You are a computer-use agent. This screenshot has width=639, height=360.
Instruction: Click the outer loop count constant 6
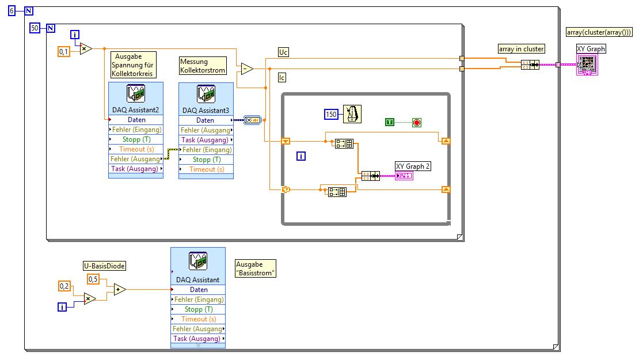pos(12,10)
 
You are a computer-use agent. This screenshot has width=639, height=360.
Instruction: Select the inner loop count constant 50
pos(34,28)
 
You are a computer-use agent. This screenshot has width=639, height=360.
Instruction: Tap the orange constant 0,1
pos(64,52)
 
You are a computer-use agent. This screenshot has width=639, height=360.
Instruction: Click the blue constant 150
pos(331,115)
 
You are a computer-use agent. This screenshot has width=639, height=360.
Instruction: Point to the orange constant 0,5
pos(93,279)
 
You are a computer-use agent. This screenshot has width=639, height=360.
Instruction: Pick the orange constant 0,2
pos(64,286)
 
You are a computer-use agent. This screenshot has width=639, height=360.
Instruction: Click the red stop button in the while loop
pos(417,122)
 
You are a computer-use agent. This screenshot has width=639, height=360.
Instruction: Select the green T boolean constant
pos(390,122)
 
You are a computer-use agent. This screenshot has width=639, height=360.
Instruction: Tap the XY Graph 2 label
pos(413,166)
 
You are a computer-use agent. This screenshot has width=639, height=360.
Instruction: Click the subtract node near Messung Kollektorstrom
pos(246,69)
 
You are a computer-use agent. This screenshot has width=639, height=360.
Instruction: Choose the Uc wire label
pos(283,52)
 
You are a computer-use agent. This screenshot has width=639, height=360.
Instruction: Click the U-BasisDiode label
pos(104,266)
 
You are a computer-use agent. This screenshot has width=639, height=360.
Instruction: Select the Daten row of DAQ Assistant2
pos(136,120)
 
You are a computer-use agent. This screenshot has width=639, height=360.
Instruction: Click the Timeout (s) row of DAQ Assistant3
pos(206,169)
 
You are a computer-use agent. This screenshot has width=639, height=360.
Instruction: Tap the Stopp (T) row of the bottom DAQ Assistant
pos(198,309)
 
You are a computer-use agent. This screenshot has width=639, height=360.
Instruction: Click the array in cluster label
pos(522,49)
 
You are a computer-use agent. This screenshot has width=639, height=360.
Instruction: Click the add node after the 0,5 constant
pos(119,289)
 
